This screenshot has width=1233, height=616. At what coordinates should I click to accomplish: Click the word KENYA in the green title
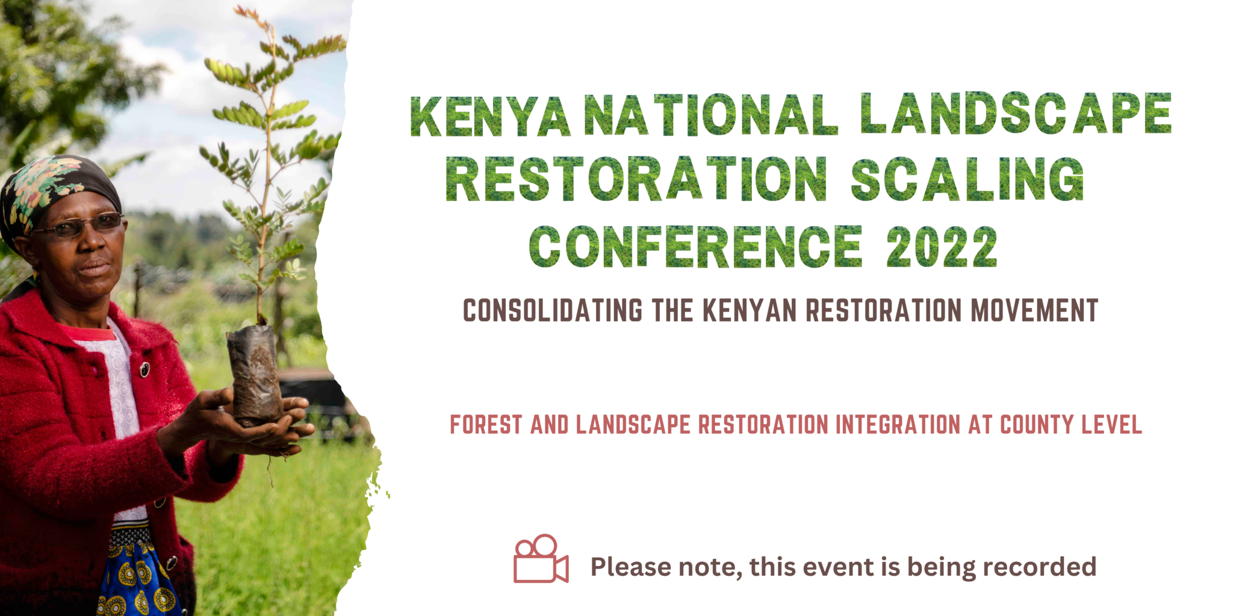point(489,115)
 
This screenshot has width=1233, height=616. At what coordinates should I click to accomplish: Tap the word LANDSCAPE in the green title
point(1016,113)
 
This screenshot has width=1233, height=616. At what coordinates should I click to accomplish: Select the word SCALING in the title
point(967,179)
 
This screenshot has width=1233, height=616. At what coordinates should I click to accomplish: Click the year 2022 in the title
point(942,246)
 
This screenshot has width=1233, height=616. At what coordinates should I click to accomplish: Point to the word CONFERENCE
point(696,246)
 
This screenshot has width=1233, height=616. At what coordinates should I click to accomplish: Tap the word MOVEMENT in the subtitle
point(1034,310)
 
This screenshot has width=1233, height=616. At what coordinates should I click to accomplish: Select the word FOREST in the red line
point(486,425)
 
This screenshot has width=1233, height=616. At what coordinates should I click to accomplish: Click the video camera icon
point(541,559)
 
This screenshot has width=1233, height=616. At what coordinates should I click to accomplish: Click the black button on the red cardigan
point(144,369)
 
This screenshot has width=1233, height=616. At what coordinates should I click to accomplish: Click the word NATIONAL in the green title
point(710,114)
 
